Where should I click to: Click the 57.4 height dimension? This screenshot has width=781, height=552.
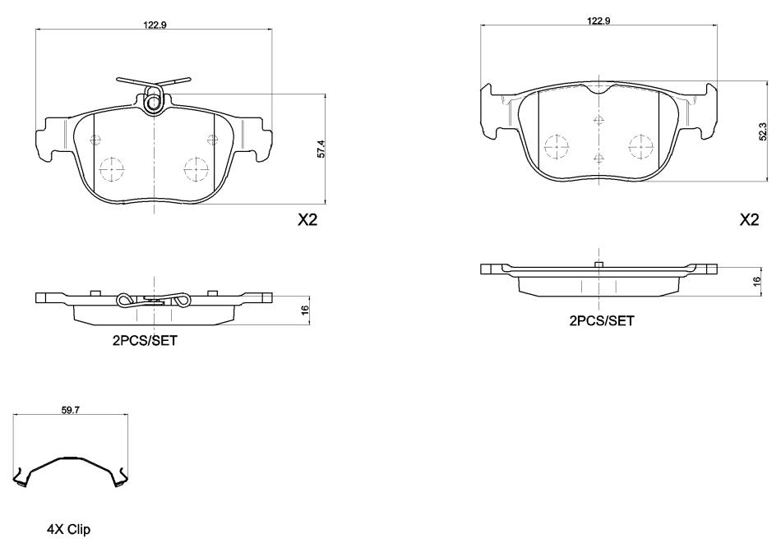tap(321, 149)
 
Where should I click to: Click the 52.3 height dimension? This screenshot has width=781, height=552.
tap(763, 131)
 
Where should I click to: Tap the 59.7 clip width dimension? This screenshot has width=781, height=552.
tap(71, 410)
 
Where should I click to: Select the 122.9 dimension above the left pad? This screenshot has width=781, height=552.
tap(155, 25)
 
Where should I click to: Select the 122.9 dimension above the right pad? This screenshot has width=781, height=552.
tap(598, 21)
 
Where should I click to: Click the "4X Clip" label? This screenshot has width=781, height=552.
tap(69, 529)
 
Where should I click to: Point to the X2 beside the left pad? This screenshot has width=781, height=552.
tap(307, 219)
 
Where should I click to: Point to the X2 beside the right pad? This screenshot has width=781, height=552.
tap(749, 219)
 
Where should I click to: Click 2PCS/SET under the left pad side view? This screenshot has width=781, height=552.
tap(145, 340)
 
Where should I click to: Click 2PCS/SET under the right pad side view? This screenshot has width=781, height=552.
tap(602, 321)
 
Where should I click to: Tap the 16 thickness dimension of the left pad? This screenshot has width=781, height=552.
tap(305, 309)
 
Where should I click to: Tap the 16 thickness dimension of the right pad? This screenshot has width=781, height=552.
tap(757, 281)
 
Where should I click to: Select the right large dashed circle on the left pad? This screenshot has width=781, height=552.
tap(196, 169)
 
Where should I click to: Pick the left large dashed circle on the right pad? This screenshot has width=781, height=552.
tap(557, 147)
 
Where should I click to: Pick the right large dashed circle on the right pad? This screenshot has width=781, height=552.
tap(641, 147)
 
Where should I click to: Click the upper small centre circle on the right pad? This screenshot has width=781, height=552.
tap(599, 120)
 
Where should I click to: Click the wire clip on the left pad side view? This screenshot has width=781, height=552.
tap(154, 300)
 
